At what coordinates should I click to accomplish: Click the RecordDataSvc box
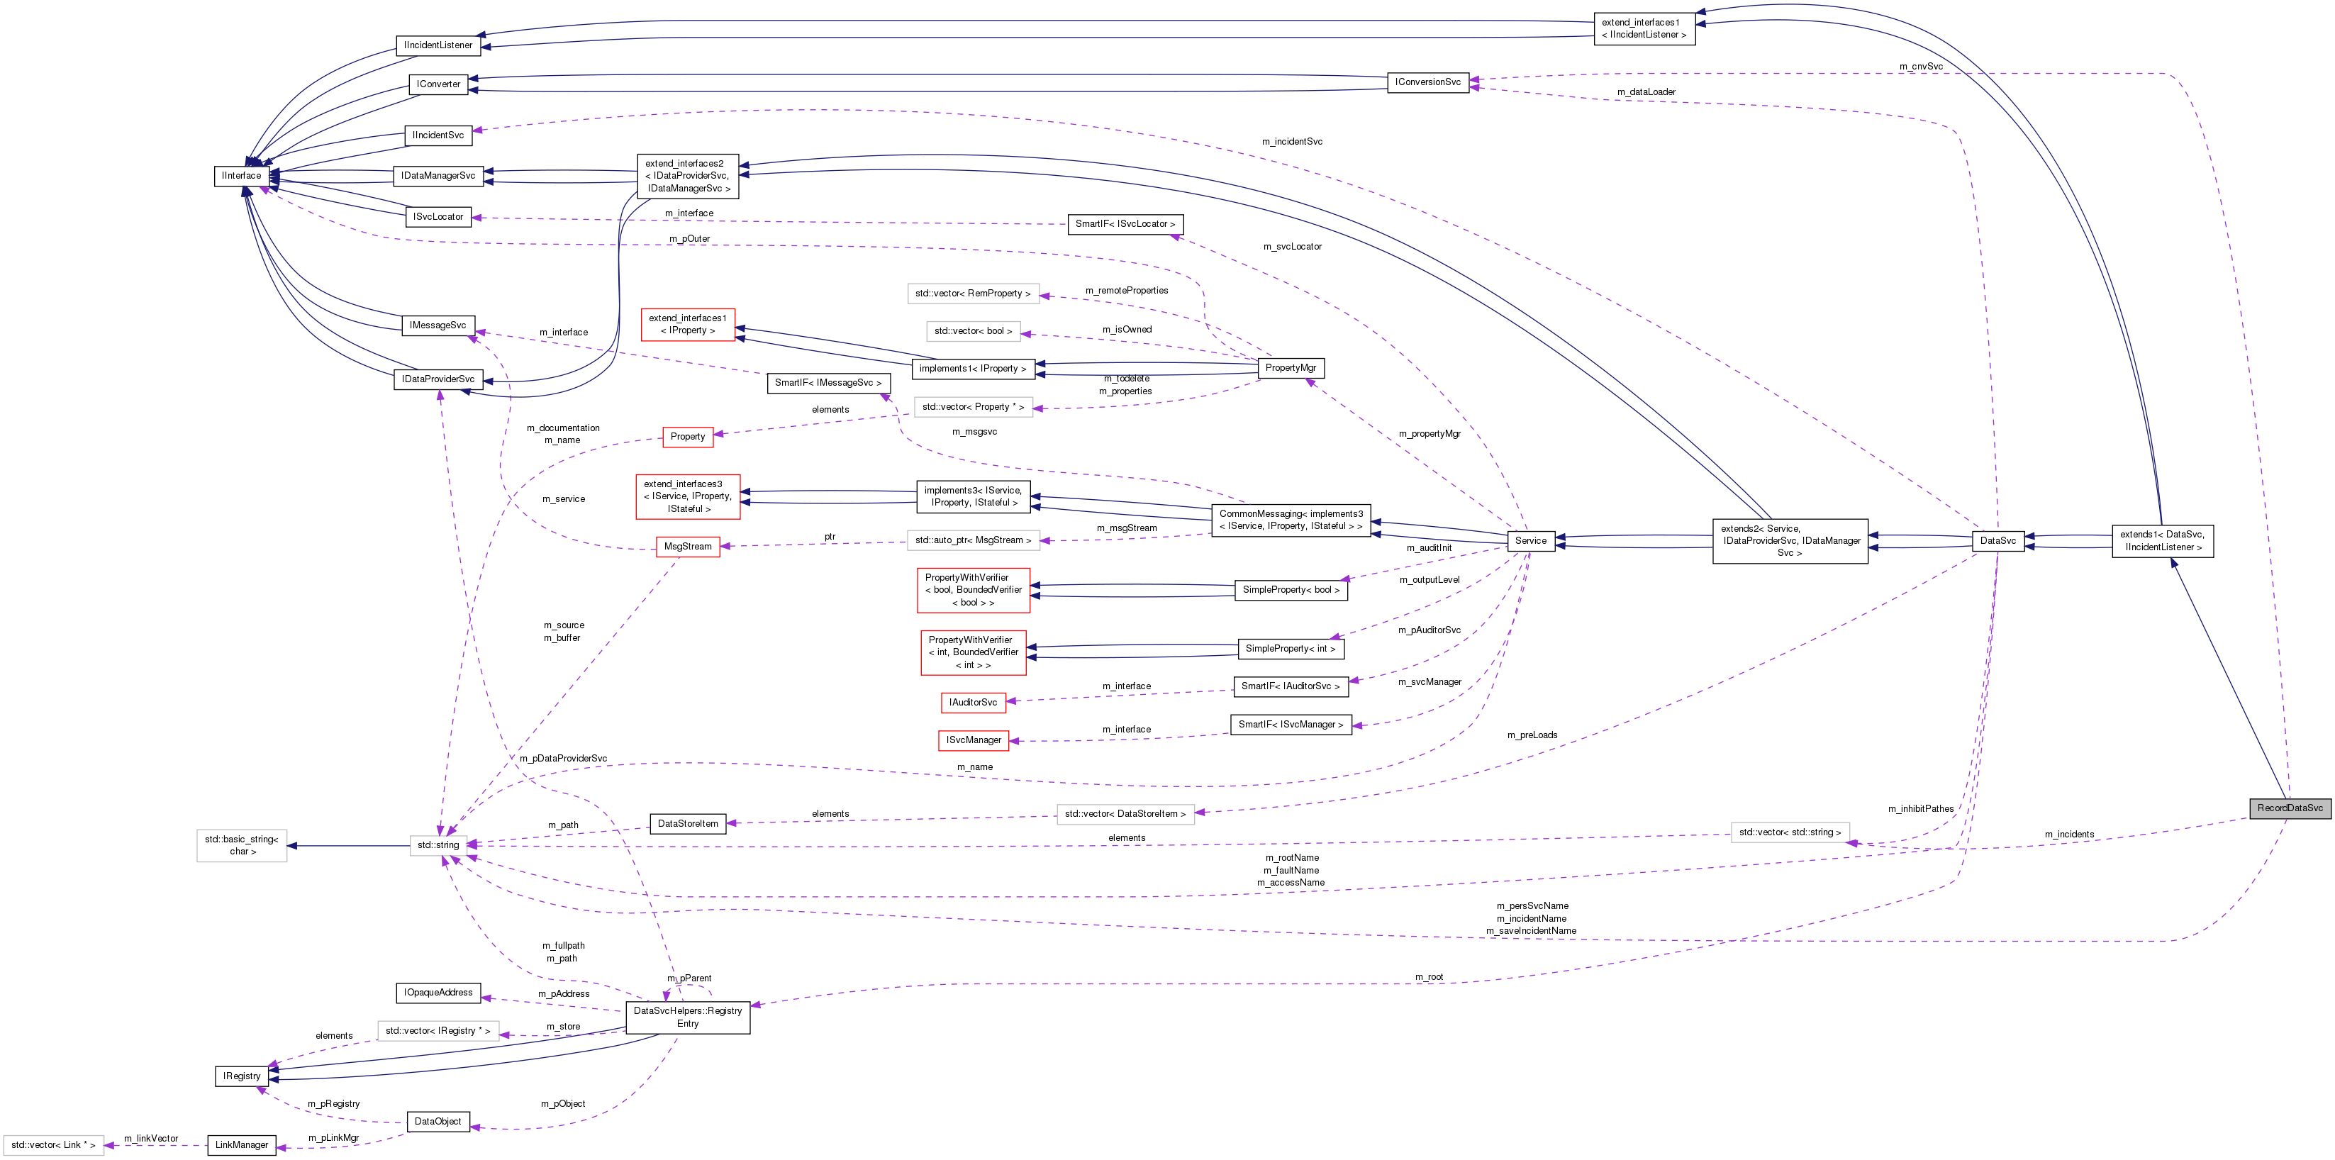pos(2289,808)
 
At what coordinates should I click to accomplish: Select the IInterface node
pos(241,176)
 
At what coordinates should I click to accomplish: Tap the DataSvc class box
pos(1997,540)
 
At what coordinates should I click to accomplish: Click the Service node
pos(1530,540)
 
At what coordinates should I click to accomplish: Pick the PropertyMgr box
pos(1290,368)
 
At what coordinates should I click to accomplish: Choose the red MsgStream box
pos(687,547)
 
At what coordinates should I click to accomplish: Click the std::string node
pos(438,844)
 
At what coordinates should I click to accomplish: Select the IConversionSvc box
pos(1427,82)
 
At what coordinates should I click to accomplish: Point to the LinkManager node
pos(241,1144)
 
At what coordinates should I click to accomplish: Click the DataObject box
pos(438,1121)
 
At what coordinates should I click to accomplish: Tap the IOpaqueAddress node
pos(438,993)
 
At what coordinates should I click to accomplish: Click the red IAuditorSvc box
pos(973,703)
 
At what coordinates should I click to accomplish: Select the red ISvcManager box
pos(974,740)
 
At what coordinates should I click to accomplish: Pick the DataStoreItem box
pos(687,824)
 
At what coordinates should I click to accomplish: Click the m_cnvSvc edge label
pos(1921,66)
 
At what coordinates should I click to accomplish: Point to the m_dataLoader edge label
pos(1646,91)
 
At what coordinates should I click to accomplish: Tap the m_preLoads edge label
pos(1532,735)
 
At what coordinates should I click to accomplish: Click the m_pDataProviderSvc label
pos(563,759)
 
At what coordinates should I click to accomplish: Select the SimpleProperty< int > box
pos(1290,649)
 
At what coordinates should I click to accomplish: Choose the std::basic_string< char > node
pos(241,845)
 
